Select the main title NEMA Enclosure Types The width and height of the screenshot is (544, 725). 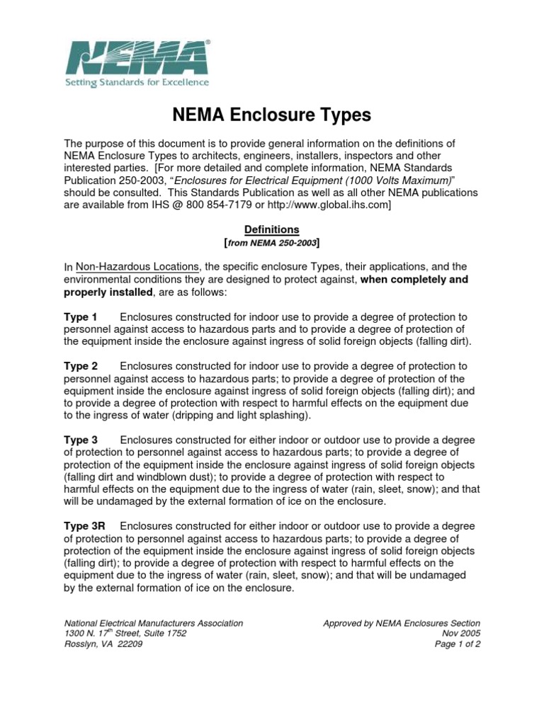[272, 115]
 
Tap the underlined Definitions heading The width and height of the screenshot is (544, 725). [272, 230]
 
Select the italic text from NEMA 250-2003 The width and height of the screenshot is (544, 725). [273, 243]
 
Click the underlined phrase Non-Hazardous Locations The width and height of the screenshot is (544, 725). [137, 267]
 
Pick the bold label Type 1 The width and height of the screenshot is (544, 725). [81, 316]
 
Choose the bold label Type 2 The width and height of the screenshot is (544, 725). [81, 366]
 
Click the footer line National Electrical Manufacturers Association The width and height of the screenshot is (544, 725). [154, 623]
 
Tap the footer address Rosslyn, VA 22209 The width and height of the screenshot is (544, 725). [103, 644]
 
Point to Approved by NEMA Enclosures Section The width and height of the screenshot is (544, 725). [402, 623]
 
